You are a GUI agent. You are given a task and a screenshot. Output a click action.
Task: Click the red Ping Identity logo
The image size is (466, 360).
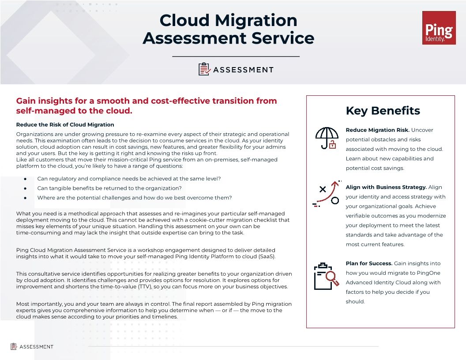point(439,28)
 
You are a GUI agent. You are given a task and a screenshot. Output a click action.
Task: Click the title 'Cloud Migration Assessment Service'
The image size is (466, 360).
point(228,29)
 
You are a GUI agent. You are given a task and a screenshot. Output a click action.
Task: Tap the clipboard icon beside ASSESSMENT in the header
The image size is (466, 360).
point(204,69)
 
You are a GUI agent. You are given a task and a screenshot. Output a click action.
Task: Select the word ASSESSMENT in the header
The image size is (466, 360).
point(243,70)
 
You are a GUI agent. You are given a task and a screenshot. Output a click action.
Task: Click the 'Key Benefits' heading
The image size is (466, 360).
point(383,110)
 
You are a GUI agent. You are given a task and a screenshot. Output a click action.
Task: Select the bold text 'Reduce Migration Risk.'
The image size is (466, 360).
point(377,130)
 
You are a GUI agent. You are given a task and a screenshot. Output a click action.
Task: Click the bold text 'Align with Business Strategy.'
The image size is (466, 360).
point(386,187)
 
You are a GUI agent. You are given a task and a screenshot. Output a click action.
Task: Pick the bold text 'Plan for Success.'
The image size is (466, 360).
point(369,263)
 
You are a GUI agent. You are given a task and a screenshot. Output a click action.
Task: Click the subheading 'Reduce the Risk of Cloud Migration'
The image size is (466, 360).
point(65,125)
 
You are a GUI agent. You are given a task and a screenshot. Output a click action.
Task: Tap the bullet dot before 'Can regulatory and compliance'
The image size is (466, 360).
point(26,179)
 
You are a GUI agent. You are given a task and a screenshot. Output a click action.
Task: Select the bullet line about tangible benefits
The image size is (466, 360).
point(109,188)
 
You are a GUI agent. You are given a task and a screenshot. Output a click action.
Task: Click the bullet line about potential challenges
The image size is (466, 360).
point(134,198)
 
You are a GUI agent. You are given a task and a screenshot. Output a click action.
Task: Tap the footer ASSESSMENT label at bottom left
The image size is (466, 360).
point(36,347)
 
